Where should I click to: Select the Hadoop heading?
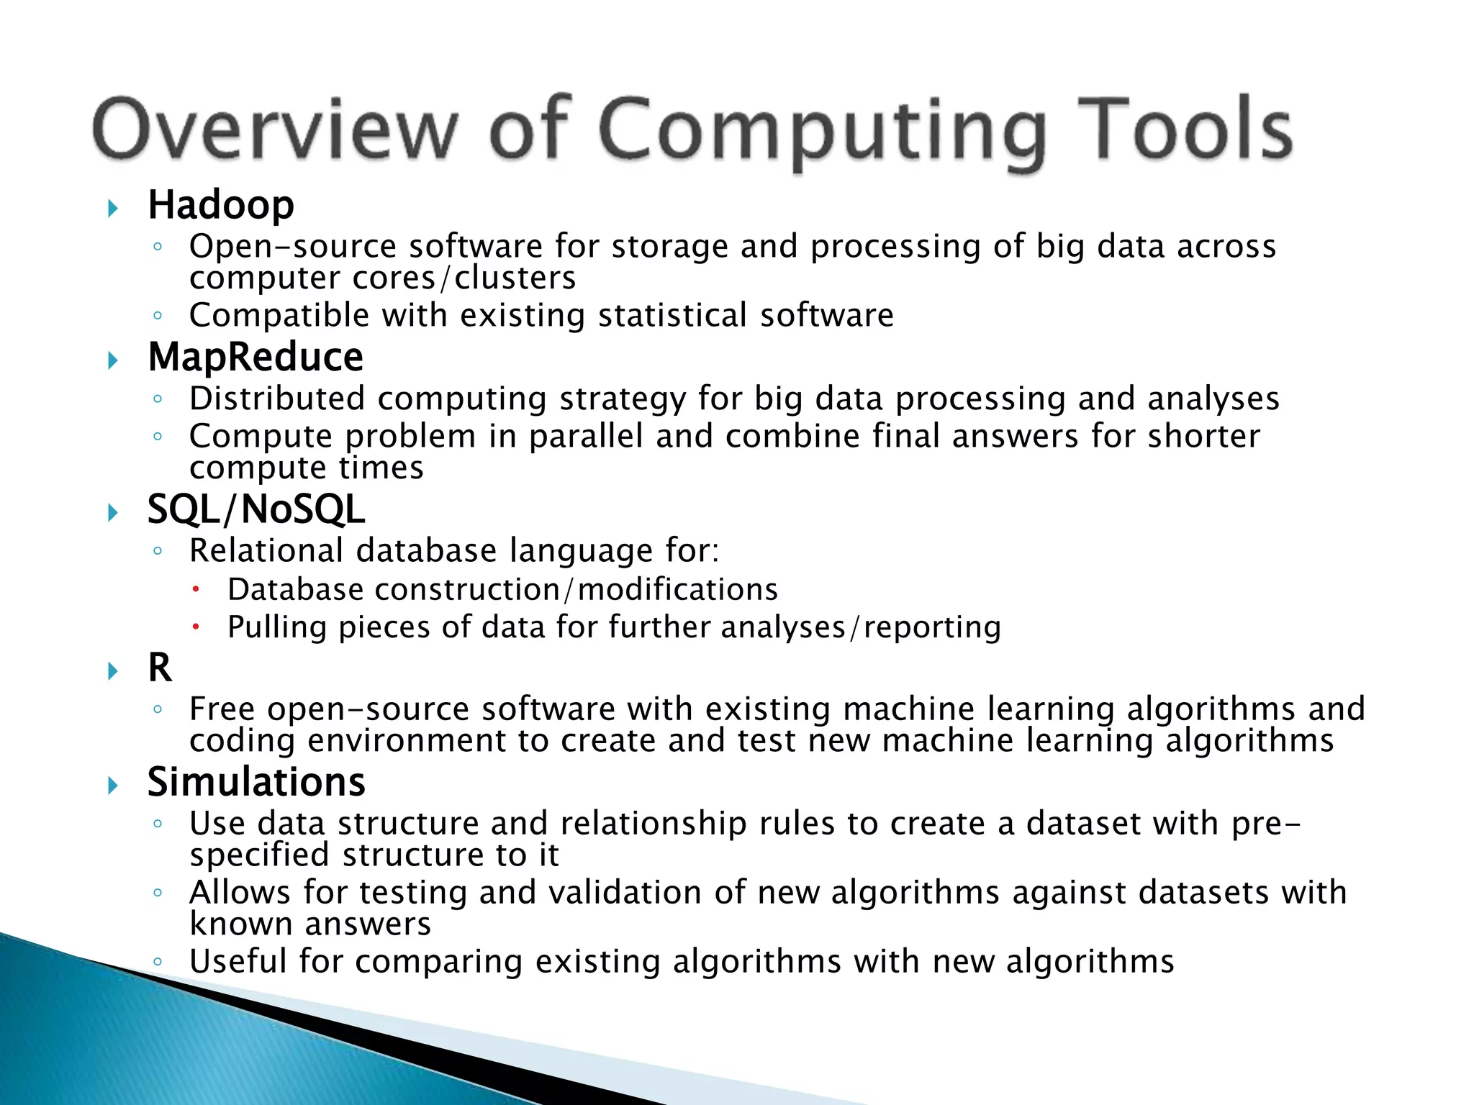click(221, 205)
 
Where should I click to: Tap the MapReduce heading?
click(256, 358)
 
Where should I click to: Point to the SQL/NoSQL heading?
click(256, 509)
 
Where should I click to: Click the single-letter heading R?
click(160, 668)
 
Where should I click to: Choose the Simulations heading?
click(256, 782)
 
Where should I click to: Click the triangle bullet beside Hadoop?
click(113, 209)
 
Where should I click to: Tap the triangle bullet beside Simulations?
click(113, 786)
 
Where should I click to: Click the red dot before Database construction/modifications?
click(194, 590)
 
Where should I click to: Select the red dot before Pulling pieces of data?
click(194, 627)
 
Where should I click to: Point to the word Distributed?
click(277, 399)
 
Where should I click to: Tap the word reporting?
click(932, 627)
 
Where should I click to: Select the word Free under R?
click(222, 709)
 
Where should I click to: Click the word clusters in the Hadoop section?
click(515, 278)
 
